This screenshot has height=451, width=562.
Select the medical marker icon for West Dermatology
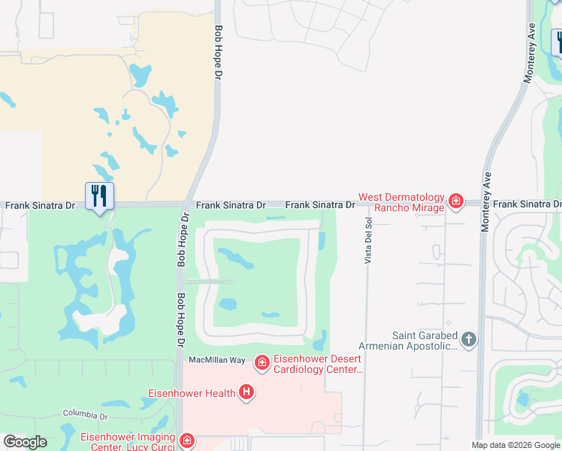coord(455,201)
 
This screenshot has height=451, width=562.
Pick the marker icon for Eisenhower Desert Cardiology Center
coord(261,364)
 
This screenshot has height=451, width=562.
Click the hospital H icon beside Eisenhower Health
coord(246,392)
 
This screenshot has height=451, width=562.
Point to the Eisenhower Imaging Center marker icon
coord(186,440)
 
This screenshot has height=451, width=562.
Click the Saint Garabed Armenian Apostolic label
coord(425,341)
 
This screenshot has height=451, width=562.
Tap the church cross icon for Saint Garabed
coord(469,340)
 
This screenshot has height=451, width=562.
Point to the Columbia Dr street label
coord(86,414)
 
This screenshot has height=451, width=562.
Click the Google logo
coord(25,442)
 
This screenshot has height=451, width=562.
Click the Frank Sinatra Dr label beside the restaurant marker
coord(41,205)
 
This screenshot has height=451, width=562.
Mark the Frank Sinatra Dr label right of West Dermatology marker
coord(527,204)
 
